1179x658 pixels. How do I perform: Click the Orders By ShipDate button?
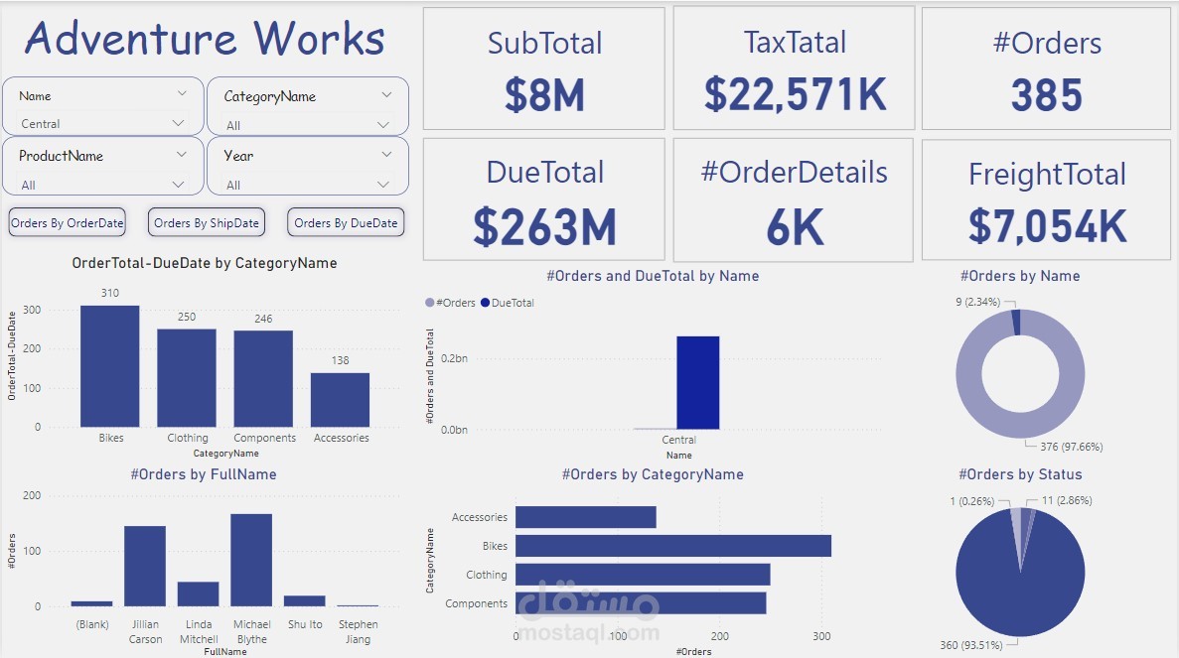tap(207, 223)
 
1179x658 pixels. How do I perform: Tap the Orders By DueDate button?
tap(346, 223)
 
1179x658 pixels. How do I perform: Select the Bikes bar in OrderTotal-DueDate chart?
tap(109, 366)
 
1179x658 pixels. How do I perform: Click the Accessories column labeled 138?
tap(340, 400)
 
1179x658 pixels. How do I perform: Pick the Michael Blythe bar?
tap(251, 560)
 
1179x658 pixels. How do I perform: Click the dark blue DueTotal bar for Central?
tap(697, 382)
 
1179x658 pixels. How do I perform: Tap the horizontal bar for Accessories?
tap(585, 517)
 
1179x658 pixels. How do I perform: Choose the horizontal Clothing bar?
tap(642, 575)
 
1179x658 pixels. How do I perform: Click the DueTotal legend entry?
tap(513, 303)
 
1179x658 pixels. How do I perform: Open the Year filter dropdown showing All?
tap(308, 185)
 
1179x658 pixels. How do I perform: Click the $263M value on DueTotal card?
tap(544, 227)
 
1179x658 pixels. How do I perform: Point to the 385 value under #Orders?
tap(1046, 96)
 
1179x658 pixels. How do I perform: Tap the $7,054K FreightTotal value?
tap(1047, 227)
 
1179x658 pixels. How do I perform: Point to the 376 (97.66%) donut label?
tap(1070, 447)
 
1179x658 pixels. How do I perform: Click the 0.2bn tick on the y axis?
tap(454, 358)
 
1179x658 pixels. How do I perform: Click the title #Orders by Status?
tap(1020, 474)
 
